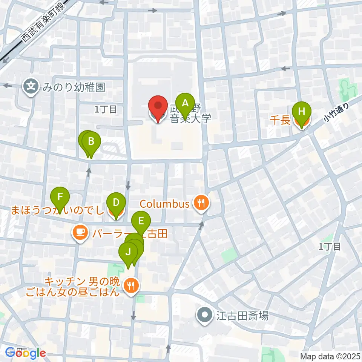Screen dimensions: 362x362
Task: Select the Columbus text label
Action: (x=164, y=204)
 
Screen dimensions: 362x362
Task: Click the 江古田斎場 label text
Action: (x=242, y=316)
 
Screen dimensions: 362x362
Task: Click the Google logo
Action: (x=26, y=353)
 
